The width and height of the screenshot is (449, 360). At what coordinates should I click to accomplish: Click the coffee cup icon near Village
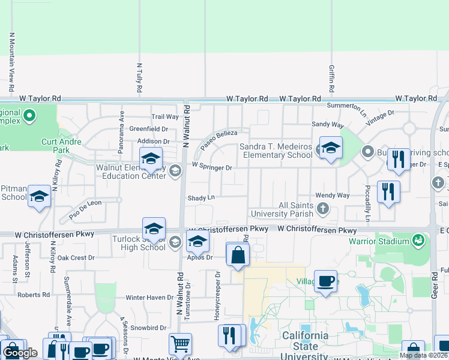point(325,281)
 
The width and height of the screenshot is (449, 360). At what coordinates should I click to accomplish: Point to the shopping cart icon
point(180,344)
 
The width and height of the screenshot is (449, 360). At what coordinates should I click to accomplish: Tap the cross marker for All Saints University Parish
point(323,209)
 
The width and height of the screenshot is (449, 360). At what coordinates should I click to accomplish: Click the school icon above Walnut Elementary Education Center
point(151,159)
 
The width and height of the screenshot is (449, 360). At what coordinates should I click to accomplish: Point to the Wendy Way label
point(332,196)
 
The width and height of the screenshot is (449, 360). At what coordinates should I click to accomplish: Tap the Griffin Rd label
point(331,78)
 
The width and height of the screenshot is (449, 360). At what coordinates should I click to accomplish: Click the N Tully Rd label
point(139,77)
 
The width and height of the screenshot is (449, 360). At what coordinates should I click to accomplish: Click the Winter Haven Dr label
point(149,298)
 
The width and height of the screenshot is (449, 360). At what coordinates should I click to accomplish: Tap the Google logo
point(20,353)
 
